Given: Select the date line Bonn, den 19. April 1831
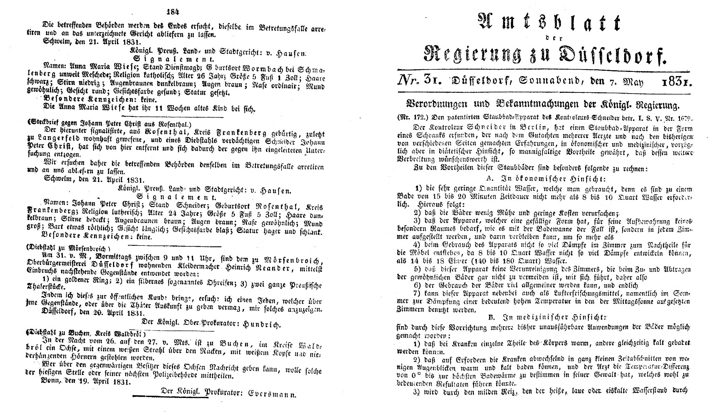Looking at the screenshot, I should click(86, 382).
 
